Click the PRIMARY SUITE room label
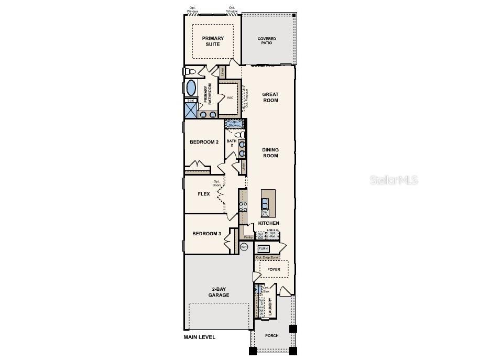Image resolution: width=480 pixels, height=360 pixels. coord(213,41)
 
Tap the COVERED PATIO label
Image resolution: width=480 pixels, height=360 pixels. coord(266,41)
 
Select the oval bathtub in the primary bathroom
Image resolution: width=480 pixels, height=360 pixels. coord(191,87)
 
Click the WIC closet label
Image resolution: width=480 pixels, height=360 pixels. coord(230,97)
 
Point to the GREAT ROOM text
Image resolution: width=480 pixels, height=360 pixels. coord(270,97)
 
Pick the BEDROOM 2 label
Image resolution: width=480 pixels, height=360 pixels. coord(204,142)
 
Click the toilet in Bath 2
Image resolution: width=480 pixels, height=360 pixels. coord(241,135)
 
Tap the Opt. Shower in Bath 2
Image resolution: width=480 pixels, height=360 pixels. coord(234,124)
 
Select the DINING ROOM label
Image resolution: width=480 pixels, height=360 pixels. coord(270,152)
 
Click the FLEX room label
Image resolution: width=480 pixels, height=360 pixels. coord(203,194)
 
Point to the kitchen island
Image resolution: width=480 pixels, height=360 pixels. coord(268,203)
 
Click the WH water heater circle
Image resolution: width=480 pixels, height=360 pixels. coord(244,247)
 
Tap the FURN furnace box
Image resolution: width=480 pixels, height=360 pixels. coord(263,248)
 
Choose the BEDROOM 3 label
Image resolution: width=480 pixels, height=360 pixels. coord(206,234)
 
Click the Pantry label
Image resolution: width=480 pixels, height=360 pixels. coord(248,237)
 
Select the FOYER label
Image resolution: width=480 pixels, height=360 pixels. coord(274,269)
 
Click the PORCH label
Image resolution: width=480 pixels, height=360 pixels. coord(271,335)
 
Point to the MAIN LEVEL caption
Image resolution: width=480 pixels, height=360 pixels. coord(199,337)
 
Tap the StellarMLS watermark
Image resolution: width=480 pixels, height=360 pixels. coord(394,180)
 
